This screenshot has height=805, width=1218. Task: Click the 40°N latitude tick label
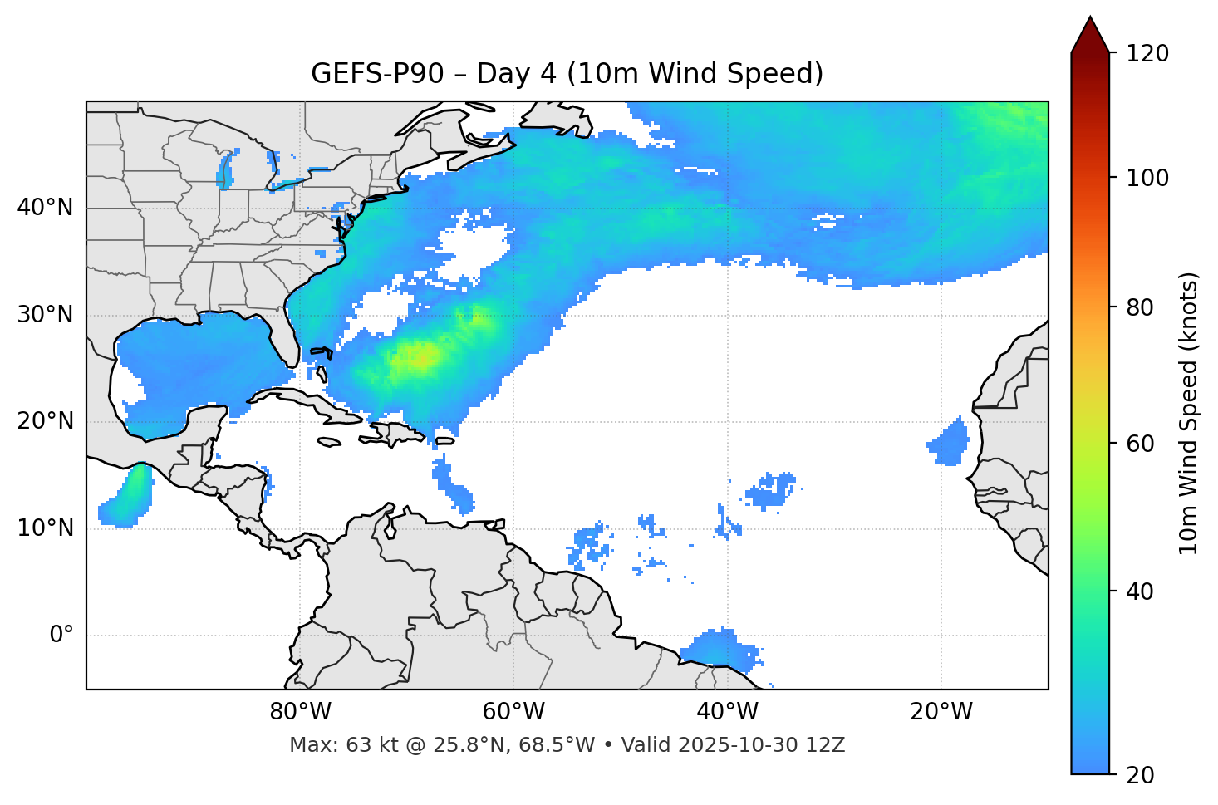point(45,208)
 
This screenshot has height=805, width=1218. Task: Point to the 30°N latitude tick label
point(45,315)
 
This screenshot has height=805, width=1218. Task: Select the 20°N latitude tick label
point(45,421)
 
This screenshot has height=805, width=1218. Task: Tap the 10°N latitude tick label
point(45,528)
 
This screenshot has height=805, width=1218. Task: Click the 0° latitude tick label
point(61,636)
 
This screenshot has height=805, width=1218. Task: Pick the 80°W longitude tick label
point(300,712)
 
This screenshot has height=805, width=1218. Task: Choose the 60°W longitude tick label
point(513,712)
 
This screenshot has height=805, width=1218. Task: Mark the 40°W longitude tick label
point(727,712)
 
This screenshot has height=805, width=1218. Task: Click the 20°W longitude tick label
point(941,712)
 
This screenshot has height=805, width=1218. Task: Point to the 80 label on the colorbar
point(1140,307)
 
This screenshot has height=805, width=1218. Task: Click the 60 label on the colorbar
point(1140,444)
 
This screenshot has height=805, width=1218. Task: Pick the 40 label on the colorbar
point(1140,591)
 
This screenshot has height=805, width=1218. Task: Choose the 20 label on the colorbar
point(1140,775)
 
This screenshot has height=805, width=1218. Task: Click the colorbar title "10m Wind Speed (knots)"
point(1189,413)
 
